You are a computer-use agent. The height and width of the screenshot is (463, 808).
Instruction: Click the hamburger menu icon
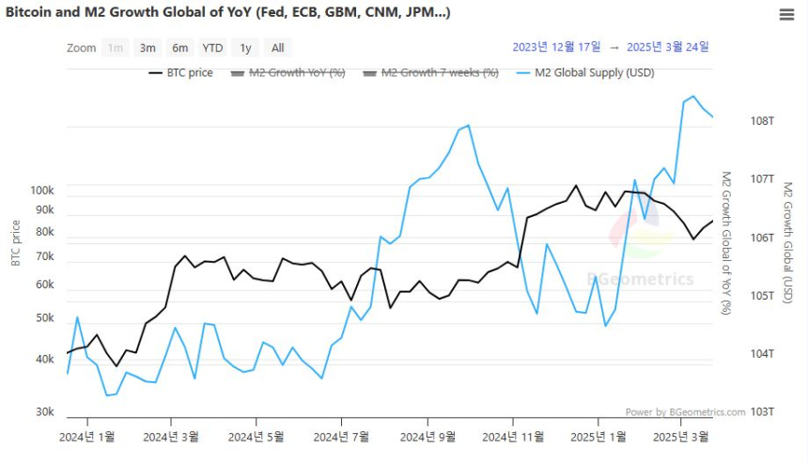(787, 15)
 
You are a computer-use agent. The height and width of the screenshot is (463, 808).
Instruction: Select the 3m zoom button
(148, 48)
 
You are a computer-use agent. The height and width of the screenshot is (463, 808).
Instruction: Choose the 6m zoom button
(179, 48)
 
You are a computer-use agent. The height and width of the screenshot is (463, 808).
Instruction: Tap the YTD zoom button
(213, 48)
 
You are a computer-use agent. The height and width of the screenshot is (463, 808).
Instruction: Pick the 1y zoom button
(245, 48)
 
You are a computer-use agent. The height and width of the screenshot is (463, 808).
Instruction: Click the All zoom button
(278, 48)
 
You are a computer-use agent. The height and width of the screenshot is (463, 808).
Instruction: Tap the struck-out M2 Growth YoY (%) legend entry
(288, 72)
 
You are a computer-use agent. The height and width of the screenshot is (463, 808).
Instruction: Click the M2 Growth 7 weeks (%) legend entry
(430, 72)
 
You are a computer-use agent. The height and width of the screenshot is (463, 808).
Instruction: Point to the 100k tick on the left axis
(42, 191)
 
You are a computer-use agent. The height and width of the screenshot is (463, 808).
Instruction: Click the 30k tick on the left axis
(45, 412)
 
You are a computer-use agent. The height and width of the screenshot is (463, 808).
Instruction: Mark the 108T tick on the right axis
(762, 121)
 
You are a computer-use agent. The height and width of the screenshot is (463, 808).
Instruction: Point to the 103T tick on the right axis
(762, 412)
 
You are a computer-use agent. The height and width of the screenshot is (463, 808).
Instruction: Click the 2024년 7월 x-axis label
(341, 437)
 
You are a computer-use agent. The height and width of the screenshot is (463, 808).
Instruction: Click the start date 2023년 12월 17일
(555, 47)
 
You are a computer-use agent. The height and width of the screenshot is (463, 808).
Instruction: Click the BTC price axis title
(16, 242)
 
